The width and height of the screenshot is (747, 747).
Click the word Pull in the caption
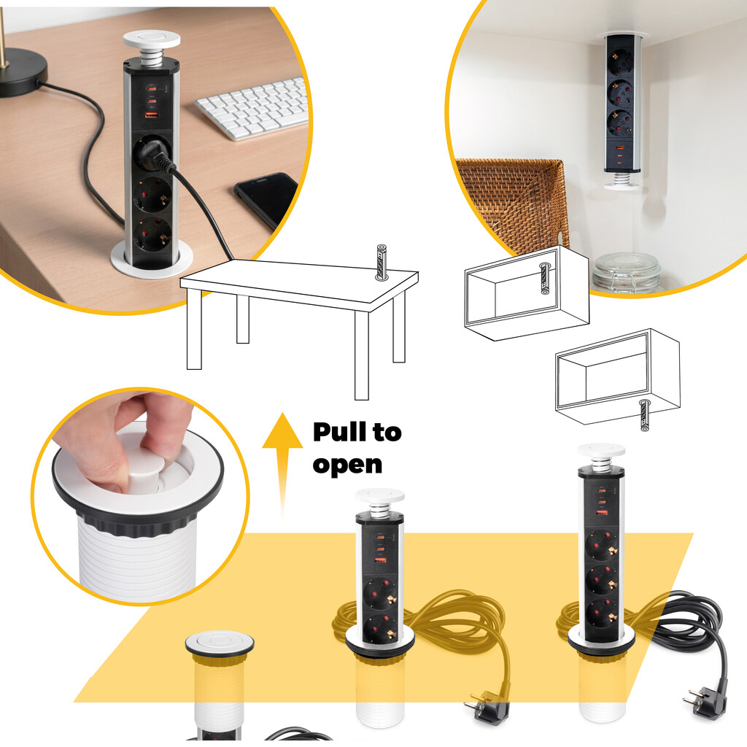340,432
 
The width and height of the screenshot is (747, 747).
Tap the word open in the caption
347,465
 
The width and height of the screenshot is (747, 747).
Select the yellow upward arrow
282,465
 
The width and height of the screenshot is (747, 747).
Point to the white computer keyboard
252,108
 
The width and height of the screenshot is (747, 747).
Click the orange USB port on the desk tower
152,115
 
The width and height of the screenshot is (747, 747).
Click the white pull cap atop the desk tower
152,39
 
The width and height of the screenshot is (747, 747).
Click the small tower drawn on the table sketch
381,262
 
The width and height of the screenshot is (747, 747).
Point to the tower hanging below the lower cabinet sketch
645,415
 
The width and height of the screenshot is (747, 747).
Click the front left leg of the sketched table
194,329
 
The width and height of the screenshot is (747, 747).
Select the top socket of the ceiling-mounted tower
620,63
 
